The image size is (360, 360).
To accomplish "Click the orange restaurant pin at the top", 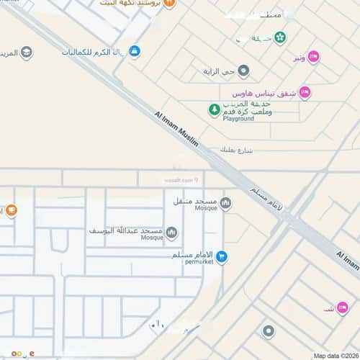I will tap(170, 4).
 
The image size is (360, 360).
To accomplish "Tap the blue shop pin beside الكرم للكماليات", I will tap(134, 52).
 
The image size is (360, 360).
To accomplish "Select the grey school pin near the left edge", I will tap(27, 52).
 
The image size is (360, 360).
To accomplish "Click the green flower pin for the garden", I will tap(279, 37).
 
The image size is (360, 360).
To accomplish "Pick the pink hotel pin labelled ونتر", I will tap(314, 56).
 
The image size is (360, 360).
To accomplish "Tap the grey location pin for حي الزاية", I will tap(243, 71).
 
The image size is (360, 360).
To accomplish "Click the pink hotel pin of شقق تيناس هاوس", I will tap(305, 93).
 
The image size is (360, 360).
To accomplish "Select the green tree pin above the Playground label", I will tap(214, 109).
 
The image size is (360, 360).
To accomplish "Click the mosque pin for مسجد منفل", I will tap(226, 203).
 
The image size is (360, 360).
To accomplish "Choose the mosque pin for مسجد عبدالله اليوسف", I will tap(171, 232).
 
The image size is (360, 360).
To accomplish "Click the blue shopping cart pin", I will tap(222, 256).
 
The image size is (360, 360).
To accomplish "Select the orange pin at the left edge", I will tap(12, 211).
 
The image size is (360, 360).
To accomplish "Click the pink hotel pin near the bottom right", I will tap(343, 307).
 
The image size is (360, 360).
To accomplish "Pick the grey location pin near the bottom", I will tap(269, 331).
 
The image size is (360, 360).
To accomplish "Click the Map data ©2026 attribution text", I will tap(335, 356).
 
